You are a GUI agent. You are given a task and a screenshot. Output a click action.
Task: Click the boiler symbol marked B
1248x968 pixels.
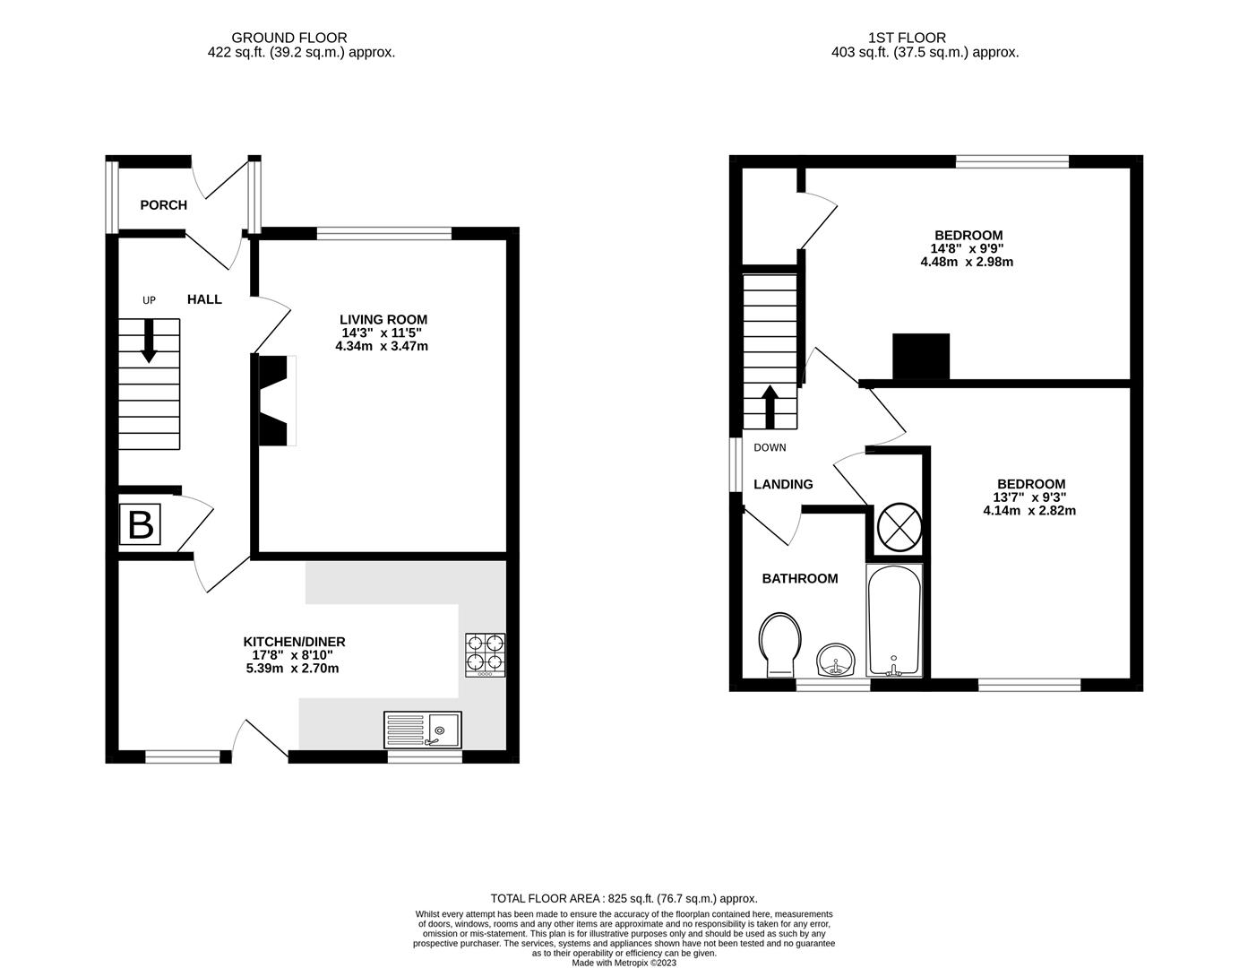point(140,524)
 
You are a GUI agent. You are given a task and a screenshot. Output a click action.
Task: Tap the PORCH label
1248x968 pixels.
point(164,205)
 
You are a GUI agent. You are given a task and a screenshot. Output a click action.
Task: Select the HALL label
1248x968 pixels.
point(204,299)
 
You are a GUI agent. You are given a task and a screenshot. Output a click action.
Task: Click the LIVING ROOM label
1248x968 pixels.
point(383,319)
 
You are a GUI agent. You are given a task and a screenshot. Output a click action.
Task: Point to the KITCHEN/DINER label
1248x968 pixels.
point(294,642)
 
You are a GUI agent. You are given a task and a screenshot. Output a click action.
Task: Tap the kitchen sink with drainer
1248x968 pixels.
point(422,730)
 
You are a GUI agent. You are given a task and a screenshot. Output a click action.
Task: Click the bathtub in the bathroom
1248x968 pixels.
point(893,620)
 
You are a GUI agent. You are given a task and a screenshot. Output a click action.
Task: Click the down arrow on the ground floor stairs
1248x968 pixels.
point(149,341)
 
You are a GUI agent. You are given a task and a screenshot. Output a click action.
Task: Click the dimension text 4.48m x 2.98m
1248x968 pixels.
point(966,262)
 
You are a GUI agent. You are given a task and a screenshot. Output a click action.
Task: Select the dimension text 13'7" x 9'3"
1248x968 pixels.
point(1029,497)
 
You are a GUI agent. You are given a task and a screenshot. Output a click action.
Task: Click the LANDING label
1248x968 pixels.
point(783,484)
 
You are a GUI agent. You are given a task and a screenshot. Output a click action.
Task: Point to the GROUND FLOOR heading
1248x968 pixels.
point(288,38)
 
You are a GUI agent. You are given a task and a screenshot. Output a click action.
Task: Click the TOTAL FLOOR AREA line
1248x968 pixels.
point(624,898)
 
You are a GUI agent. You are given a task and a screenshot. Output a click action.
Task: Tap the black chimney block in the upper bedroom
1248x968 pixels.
point(920,356)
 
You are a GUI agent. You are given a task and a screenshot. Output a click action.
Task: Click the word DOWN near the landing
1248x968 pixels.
point(770,447)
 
